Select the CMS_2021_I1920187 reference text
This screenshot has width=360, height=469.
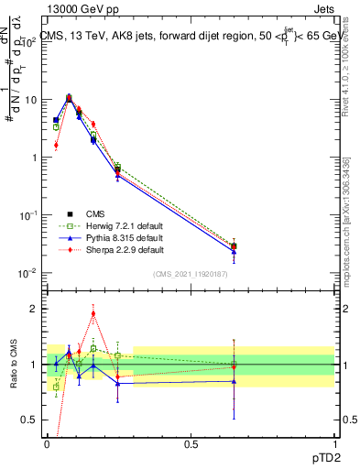tap(190, 274)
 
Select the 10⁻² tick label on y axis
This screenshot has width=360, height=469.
tap(30, 273)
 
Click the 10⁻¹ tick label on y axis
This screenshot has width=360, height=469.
tap(30, 215)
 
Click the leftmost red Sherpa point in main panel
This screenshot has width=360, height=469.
tap(56, 145)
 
